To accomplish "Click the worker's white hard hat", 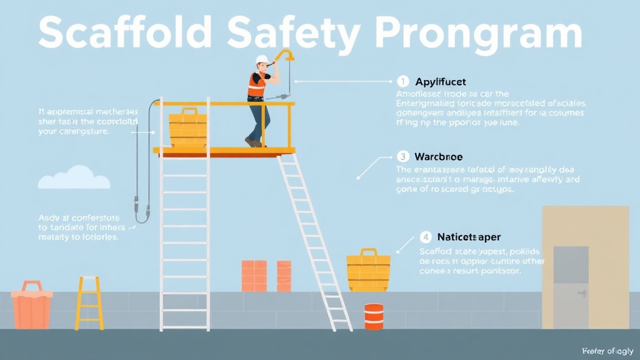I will click(262, 61).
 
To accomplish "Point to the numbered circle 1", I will click(403, 81).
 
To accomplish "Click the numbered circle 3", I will click(403, 156).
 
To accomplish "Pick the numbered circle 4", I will click(426, 237).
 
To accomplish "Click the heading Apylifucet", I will click(441, 82).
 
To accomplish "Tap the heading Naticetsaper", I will click(469, 237).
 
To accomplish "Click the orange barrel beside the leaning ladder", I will click(374, 317).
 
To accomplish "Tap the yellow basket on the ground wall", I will click(369, 270).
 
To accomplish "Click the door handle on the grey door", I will click(582, 293).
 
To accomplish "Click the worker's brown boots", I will click(252, 142).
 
